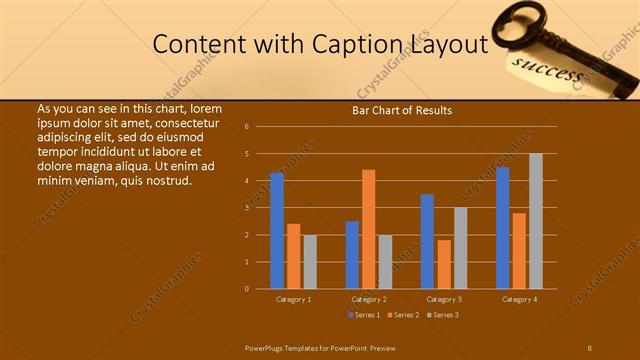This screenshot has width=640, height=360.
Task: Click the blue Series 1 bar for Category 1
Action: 277,231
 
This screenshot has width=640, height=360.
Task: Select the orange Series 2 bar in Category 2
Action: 369,229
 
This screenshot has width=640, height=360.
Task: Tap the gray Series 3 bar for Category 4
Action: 536,221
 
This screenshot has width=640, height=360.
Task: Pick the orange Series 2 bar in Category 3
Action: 444,264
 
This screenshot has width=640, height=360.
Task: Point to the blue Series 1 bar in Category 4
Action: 503,228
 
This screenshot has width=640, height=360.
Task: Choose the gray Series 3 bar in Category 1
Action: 310,262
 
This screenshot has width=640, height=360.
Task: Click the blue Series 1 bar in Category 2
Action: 352,255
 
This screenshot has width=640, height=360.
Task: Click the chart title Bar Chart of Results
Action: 402,110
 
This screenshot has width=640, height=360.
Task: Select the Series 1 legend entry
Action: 365,315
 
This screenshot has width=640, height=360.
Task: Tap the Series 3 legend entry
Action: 442,315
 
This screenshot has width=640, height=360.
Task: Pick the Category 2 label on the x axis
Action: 369,299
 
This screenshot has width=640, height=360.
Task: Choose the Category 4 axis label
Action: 519,299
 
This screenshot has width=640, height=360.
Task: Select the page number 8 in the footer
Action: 589,346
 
